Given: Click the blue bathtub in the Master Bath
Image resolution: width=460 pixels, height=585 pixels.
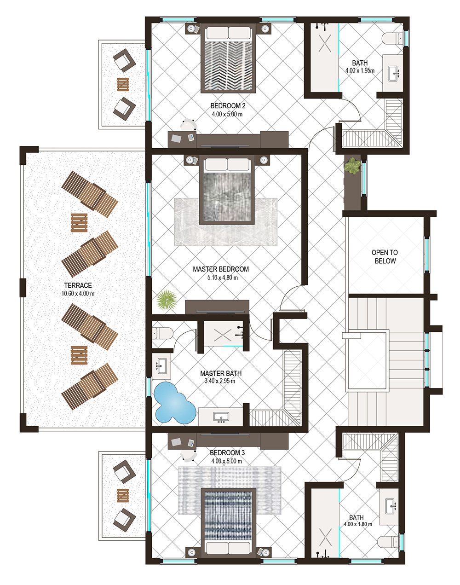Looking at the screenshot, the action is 175,403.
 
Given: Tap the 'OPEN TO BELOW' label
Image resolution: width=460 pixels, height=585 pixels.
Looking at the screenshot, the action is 385,257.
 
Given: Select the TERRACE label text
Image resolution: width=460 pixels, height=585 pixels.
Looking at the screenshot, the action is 78,285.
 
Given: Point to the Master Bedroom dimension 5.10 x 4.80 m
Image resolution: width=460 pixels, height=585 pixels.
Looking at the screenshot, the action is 222,278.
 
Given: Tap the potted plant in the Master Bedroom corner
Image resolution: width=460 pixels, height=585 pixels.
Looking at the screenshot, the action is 166,300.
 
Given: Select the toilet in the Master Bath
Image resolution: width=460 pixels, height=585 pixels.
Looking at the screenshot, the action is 162,334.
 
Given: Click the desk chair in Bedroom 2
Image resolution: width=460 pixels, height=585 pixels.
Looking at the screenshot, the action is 188,124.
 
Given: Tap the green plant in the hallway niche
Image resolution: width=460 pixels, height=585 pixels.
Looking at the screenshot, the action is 352,166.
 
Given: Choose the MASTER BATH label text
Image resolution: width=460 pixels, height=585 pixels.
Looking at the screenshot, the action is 221,374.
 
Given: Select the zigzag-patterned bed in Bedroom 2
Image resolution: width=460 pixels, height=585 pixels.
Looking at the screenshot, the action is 228,58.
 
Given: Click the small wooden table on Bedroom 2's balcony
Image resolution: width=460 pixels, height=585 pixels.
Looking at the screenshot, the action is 123,84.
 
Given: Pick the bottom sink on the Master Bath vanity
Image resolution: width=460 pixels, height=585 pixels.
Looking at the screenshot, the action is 221,417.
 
